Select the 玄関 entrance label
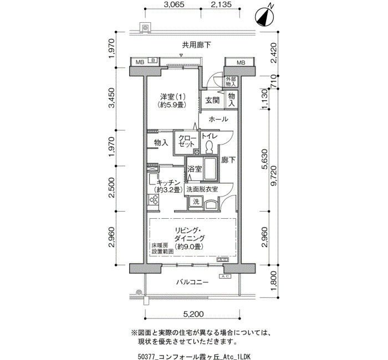[212, 100]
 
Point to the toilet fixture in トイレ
[210, 147]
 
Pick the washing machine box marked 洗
[196, 202]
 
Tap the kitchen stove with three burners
[154, 200]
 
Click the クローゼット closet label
[187, 141]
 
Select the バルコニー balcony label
[192, 282]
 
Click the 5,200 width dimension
[193, 314]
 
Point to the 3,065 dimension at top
[175, 4]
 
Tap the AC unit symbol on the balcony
[225, 276]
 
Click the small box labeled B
[153, 60]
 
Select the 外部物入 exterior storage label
[231, 82]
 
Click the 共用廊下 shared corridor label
[196, 45]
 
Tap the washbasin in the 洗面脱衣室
[211, 205]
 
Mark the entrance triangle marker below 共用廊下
[181, 55]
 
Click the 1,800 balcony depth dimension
[274, 281]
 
